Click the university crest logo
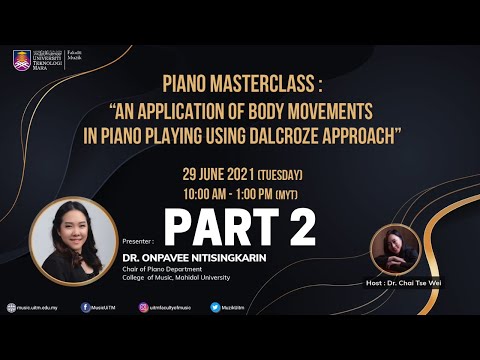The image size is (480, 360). click(21, 60)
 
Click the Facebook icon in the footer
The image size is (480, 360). click(85, 307)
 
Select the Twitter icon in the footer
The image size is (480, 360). click(215, 307)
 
